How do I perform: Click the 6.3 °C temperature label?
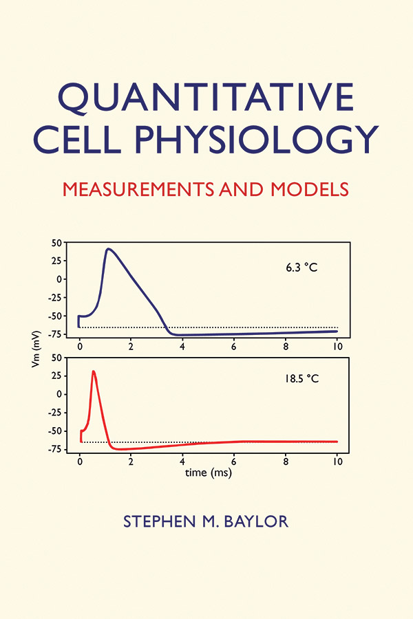click(301, 268)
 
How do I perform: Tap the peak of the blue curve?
click(108, 249)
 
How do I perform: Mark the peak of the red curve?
click(93, 371)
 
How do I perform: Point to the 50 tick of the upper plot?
click(57, 243)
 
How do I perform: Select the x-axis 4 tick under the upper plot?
click(182, 347)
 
